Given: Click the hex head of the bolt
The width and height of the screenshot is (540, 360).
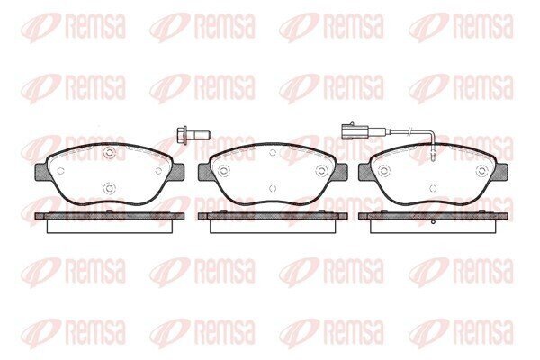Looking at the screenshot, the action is tap(182, 134).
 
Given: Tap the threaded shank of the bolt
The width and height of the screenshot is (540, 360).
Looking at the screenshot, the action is tap(199, 134).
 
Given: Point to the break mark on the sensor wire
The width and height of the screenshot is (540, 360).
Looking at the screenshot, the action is tap(409, 130).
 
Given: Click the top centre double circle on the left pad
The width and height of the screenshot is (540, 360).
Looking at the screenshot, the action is tap(109, 153).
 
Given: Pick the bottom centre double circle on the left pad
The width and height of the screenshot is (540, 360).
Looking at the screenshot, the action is tap(109, 188).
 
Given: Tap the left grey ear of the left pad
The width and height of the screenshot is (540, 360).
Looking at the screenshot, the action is tap(42, 172).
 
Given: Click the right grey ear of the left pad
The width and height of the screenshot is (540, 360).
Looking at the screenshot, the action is tap(176, 172).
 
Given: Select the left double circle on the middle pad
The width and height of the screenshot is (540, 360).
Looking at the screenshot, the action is tap(222, 170).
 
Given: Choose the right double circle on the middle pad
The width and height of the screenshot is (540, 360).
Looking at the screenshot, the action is tap(321, 170).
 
